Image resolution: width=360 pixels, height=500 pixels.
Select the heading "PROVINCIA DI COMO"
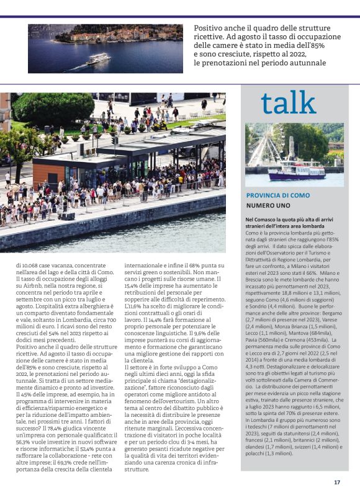tap(277, 195)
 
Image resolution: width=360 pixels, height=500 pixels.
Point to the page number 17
tap(337, 482)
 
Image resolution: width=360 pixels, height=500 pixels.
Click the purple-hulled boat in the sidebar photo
tap(296, 171)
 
